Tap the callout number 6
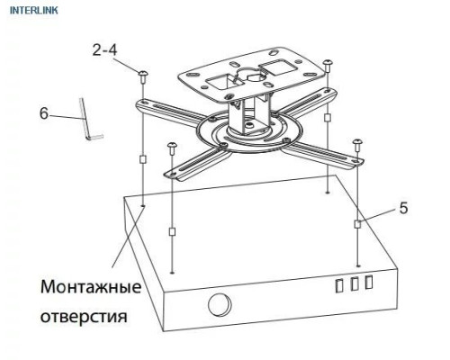[x=43, y=113]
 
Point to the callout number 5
[x=403, y=208]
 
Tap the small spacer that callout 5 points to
[x=358, y=222]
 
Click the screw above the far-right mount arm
[x=358, y=144]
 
